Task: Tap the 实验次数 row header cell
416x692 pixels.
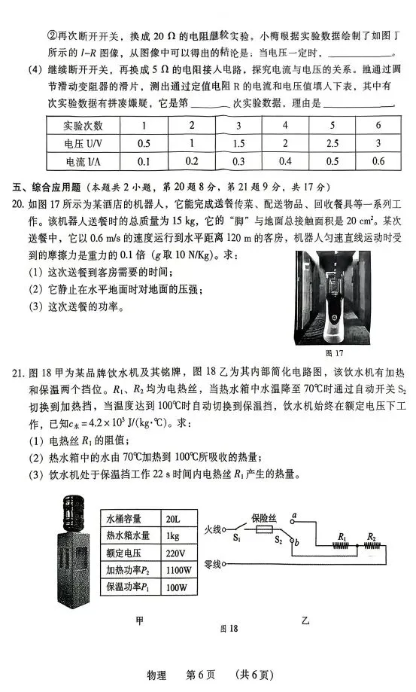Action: [84, 126]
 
